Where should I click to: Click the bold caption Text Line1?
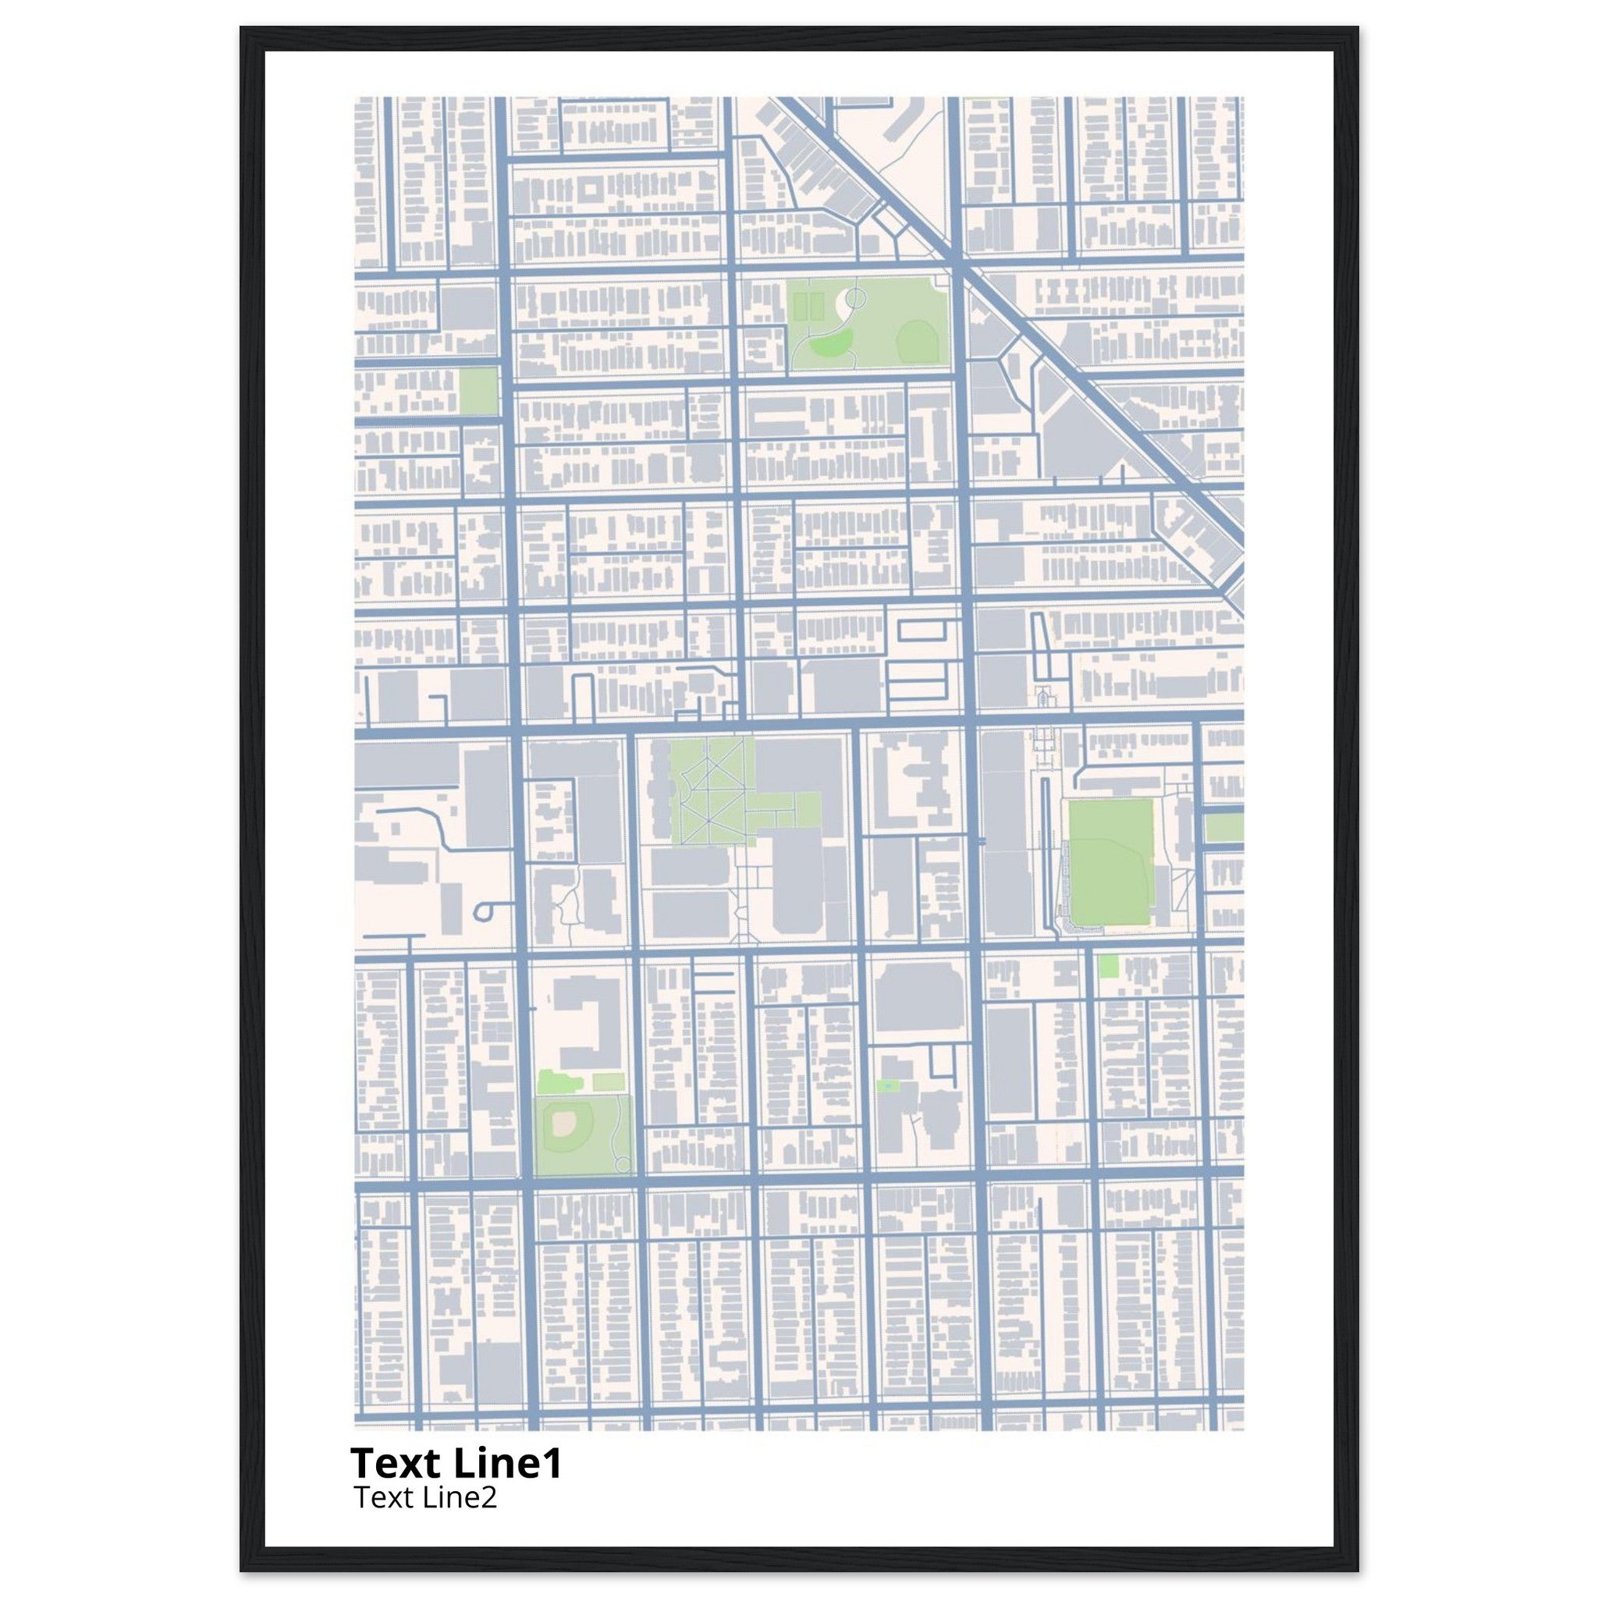pos(456,1463)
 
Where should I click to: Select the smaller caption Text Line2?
pos(425,1497)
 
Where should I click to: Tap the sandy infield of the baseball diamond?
pos(565,1122)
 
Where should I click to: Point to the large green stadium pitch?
pos(1111,862)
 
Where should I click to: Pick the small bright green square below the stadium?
pos(1108,965)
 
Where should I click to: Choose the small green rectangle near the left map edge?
pos(478,391)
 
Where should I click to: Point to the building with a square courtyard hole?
pos(591,190)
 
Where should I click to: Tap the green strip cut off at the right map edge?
pos(1224,827)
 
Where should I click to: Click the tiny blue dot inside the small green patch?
pos(886,1084)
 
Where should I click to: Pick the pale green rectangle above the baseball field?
pos(608,1083)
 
